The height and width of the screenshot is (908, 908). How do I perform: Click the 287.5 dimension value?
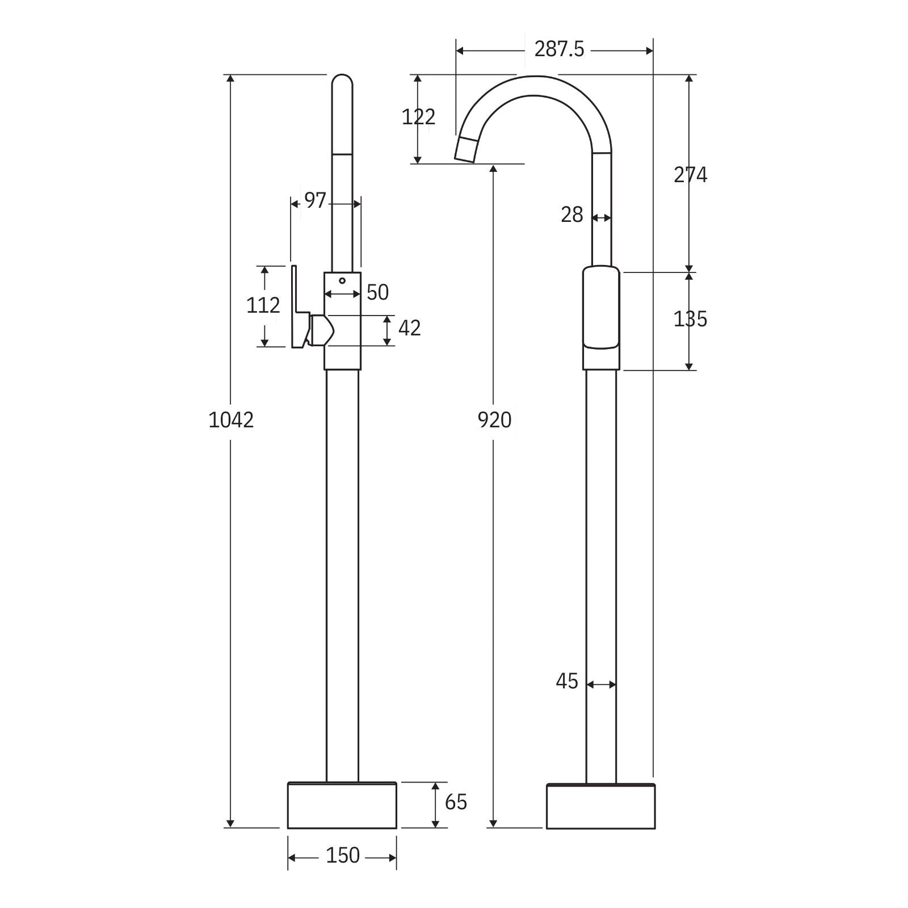pos(558,50)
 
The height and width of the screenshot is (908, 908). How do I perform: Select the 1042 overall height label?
pos(231,421)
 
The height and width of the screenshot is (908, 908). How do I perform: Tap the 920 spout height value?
pos(494,421)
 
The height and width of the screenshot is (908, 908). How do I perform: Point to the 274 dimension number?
pos(690,175)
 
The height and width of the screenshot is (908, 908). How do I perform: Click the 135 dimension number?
pos(690,320)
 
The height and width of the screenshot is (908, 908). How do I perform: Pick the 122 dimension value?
pos(418,117)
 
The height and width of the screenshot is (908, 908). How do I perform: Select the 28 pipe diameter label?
pos(571,215)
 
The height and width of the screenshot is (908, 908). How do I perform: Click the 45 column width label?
pos(566,681)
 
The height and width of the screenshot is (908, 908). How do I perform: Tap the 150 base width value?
pos(343,855)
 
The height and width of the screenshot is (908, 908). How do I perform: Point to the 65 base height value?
pos(456,802)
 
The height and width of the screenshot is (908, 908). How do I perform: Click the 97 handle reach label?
pos(315,200)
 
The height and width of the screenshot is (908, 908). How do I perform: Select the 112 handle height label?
pos(263,306)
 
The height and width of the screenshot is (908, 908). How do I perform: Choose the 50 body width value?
pos(377,293)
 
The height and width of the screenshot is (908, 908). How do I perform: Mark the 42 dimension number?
pos(409,329)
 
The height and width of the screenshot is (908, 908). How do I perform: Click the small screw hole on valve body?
pos(342,280)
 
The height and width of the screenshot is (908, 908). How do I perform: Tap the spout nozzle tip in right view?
pos(465,150)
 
